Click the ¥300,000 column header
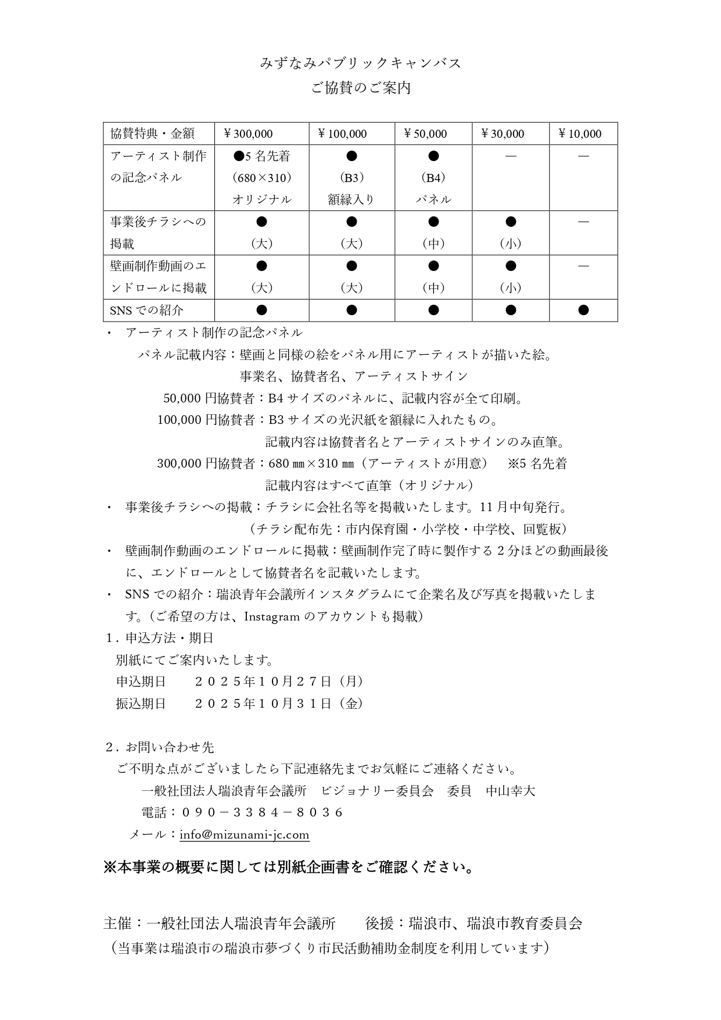click(x=248, y=134)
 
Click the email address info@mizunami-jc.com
click(x=244, y=834)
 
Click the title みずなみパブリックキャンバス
click(x=360, y=63)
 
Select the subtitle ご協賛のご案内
click(x=360, y=88)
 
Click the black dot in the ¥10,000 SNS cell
click(x=583, y=310)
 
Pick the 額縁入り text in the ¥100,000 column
click(x=351, y=199)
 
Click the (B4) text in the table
click(x=433, y=177)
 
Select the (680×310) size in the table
click(x=261, y=177)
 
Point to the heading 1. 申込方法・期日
click(x=160, y=638)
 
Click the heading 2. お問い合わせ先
click(x=160, y=747)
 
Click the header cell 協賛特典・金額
click(x=152, y=134)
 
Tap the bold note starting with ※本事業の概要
click(x=289, y=868)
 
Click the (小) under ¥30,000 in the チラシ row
click(x=510, y=244)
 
